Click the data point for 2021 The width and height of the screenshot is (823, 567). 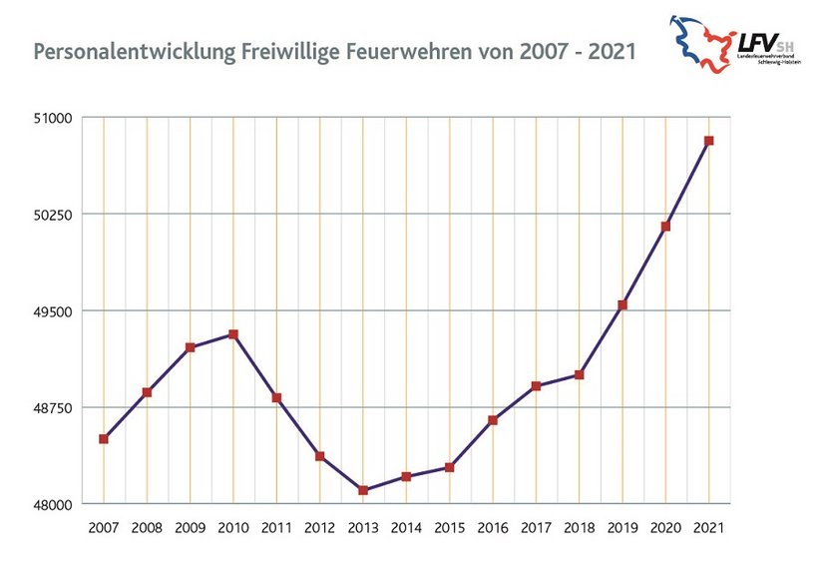(708, 141)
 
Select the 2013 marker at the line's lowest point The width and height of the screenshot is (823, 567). (363, 490)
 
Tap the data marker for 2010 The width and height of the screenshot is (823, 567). (233, 334)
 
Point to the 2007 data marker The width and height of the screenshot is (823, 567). (104, 439)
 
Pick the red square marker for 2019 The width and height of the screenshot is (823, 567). (622, 304)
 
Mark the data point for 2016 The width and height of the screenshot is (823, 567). (493, 420)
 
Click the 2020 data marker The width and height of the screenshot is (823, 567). (665, 227)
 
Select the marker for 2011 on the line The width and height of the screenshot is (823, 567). (276, 397)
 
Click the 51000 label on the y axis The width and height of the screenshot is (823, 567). (55, 118)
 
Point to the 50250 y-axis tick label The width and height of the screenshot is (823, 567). (55, 215)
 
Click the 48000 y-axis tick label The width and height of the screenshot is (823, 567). (55, 504)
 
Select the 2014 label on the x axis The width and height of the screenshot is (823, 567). (406, 526)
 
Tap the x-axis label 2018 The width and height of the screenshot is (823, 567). (579, 526)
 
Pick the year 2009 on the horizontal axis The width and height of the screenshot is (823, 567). (190, 526)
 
